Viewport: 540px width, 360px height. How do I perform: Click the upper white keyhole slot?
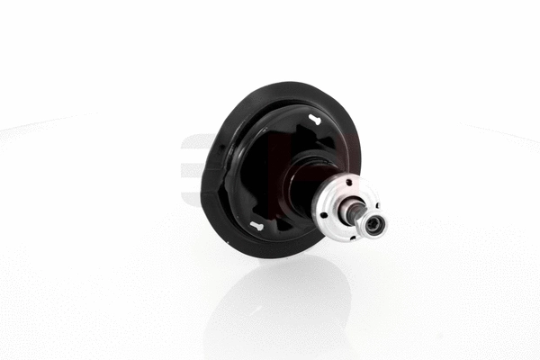pos(314,119)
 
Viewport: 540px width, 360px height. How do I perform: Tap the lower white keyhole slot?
pos(257,225)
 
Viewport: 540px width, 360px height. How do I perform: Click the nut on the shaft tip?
pos(373,222)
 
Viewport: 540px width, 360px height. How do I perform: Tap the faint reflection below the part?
pos(279,306)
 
